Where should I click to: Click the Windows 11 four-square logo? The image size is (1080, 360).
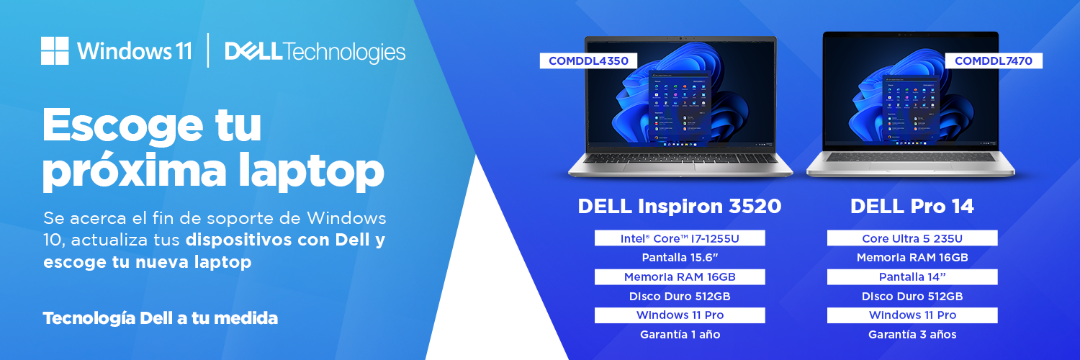(55, 50)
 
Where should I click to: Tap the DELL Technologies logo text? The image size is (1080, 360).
(315, 52)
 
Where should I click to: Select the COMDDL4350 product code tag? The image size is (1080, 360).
(588, 60)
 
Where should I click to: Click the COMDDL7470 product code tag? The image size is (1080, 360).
(993, 60)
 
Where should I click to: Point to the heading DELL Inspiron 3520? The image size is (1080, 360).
(680, 206)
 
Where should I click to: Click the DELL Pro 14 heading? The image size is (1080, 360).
(912, 206)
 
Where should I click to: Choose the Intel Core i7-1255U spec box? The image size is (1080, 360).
(680, 238)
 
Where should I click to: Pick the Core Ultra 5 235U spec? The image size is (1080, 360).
(912, 238)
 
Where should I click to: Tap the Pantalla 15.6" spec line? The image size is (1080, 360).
(680, 257)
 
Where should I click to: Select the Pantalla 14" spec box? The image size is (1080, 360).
(912, 276)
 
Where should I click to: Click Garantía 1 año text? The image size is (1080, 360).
(680, 335)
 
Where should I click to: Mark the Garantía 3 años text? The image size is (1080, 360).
(912, 335)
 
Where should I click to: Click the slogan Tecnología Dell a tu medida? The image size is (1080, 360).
(160, 318)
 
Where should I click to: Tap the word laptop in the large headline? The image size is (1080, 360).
(312, 171)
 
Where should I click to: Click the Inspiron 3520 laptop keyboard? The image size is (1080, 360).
(680, 158)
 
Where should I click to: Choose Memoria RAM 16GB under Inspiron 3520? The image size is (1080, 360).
(680, 276)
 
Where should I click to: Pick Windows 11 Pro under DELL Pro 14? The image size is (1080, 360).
(912, 315)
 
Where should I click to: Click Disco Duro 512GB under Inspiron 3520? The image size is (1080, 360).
(680, 296)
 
